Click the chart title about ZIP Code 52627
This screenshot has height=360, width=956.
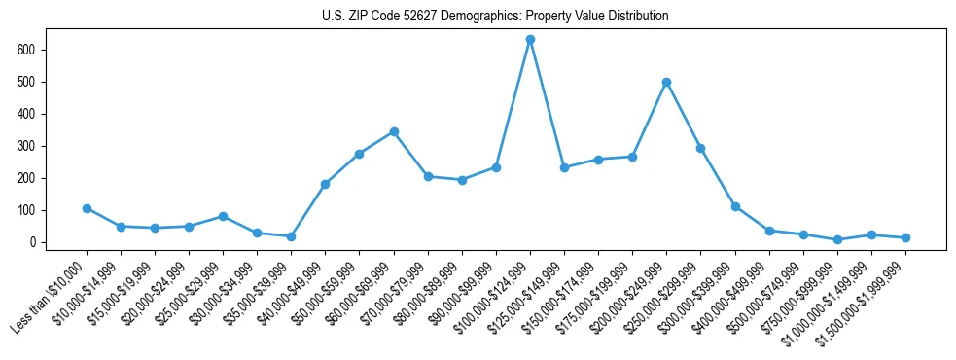(495, 17)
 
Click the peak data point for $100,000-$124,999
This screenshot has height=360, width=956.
(530, 40)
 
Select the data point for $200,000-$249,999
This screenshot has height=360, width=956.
(666, 82)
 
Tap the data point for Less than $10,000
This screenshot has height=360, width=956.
(87, 208)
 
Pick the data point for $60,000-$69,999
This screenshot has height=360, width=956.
(394, 131)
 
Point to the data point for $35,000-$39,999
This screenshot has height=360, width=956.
(291, 236)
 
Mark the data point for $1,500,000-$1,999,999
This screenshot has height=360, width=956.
(905, 237)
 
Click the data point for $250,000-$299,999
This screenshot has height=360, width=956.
(700, 148)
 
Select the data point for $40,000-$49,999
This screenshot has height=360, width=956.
(325, 184)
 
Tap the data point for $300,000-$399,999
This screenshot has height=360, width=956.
(735, 206)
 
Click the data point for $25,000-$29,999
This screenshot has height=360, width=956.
(223, 216)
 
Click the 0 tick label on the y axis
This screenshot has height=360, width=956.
(38, 242)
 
